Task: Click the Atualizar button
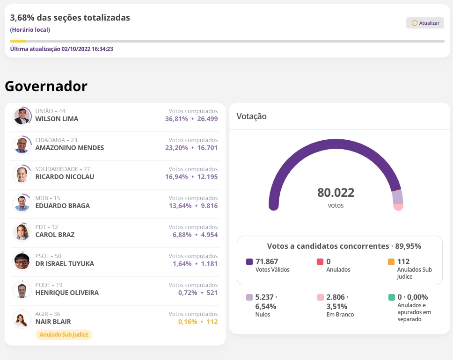tap(425, 23)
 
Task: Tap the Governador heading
tap(46, 86)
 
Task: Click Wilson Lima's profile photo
tap(22, 116)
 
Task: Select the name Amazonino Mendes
tap(70, 148)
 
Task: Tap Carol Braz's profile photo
tap(22, 232)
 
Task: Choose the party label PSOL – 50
tap(48, 256)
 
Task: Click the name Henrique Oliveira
tap(67, 293)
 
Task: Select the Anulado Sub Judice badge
tap(64, 335)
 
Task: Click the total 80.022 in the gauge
tap(336, 193)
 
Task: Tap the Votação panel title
tap(251, 116)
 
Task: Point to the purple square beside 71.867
tap(249, 262)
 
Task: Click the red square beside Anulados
tap(320, 262)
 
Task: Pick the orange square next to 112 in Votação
tap(391, 262)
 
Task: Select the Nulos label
tap(263, 315)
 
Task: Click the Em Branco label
tap(340, 315)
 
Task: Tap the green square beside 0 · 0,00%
tap(391, 297)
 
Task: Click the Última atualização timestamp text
tap(62, 49)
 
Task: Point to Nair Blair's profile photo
tap(22, 319)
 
